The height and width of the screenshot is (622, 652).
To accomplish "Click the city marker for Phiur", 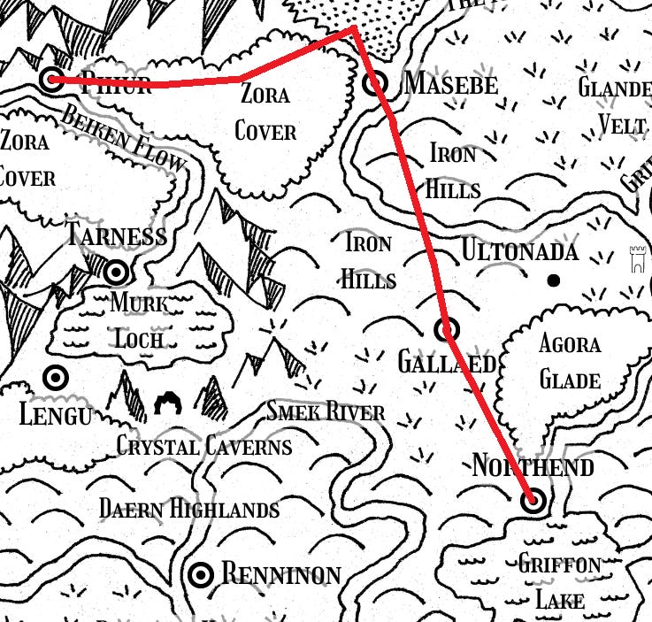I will (x=51, y=79).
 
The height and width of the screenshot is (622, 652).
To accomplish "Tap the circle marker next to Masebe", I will (x=376, y=84).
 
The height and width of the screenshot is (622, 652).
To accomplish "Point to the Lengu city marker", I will (x=56, y=378).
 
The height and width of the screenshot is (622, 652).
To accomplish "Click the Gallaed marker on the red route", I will (x=448, y=330).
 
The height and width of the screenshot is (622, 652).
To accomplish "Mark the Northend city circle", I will (x=533, y=502).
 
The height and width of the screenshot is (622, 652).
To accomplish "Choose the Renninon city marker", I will (x=202, y=574).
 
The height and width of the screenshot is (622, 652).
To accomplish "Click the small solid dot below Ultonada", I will (x=554, y=280).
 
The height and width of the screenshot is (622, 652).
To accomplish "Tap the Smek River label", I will (x=326, y=412).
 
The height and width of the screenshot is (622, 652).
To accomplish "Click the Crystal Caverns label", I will (x=204, y=446).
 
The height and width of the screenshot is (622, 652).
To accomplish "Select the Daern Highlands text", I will (x=188, y=509).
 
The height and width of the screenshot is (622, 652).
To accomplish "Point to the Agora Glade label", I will (x=570, y=363).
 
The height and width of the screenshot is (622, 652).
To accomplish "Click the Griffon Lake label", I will (x=560, y=581).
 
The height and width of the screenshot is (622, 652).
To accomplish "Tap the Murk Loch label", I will (x=139, y=320).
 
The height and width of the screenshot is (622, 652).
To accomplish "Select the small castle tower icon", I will (x=636, y=261).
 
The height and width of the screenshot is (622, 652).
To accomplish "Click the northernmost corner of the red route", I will (x=354, y=28).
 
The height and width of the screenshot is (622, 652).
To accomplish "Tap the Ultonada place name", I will (x=519, y=252).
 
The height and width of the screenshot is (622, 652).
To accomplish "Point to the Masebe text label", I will (x=449, y=84).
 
